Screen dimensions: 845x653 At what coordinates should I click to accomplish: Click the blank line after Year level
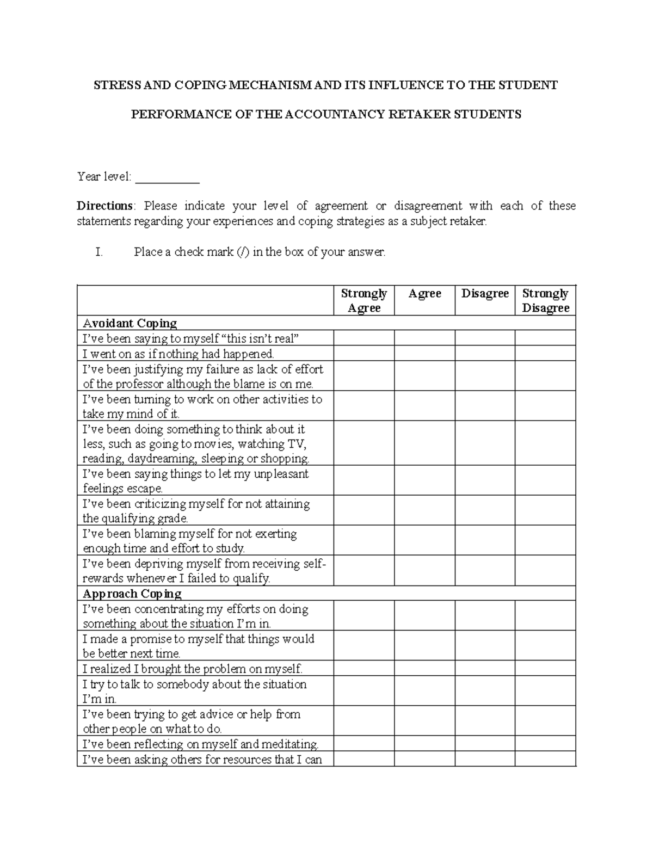pyautogui.click(x=167, y=177)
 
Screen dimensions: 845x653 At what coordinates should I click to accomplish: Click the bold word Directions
pyautogui.click(x=104, y=206)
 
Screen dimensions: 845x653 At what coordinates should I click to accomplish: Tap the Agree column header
pyautogui.click(x=424, y=294)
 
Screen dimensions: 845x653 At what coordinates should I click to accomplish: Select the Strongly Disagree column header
pyautogui.click(x=545, y=300)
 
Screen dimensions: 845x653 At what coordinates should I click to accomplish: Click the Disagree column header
pyautogui.click(x=485, y=294)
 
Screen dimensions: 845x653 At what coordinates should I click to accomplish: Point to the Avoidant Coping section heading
pyautogui.click(x=130, y=323)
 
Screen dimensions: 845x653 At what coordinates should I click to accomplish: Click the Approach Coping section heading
pyautogui.click(x=132, y=594)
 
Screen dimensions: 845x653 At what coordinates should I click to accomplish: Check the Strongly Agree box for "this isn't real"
pyautogui.click(x=364, y=338)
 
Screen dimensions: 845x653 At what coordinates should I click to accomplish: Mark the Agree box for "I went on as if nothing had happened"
pyautogui.click(x=424, y=354)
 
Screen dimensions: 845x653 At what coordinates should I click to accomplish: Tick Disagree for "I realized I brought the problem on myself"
pyautogui.click(x=485, y=669)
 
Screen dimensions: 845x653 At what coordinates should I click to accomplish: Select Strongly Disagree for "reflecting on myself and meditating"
pyautogui.click(x=545, y=744)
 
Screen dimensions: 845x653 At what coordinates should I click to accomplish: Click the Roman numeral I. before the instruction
pyautogui.click(x=98, y=252)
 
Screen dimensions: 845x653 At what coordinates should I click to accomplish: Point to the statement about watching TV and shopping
pyautogui.click(x=196, y=444)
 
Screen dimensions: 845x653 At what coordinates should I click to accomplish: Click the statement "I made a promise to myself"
pyautogui.click(x=198, y=646)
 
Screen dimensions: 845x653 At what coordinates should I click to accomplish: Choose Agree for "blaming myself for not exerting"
pyautogui.click(x=424, y=540)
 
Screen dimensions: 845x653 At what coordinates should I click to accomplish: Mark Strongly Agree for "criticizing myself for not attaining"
pyautogui.click(x=364, y=510)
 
